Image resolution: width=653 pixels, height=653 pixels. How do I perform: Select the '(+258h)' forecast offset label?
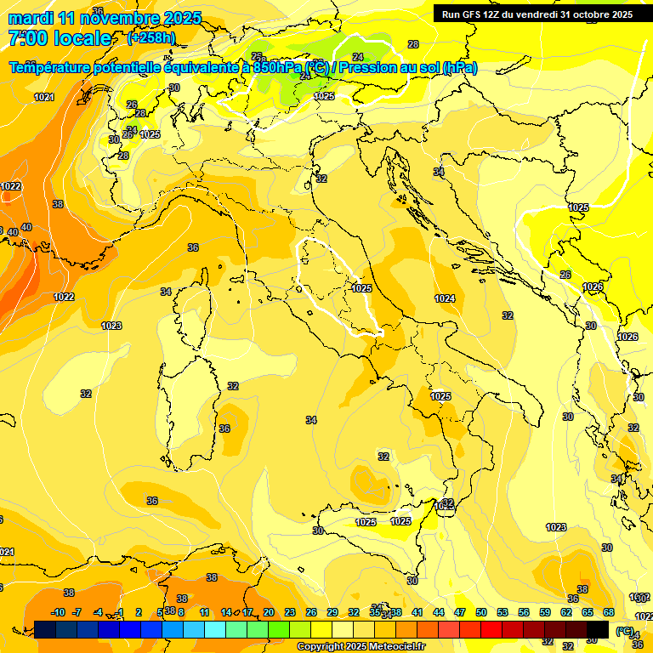pos(151,38)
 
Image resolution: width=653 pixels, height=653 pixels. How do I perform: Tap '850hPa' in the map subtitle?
pos(277,68)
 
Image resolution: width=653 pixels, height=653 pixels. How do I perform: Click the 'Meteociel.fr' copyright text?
pos(393,647)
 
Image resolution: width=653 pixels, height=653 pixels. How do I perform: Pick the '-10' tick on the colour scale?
pos(58,612)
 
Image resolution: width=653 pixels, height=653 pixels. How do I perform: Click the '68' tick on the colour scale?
pos(609,612)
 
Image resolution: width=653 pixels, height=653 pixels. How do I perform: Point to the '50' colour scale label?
pos(481,612)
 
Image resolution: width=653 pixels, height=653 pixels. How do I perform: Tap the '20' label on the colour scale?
pos(269,612)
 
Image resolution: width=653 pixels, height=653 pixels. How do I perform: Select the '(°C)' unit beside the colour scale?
pos(625,631)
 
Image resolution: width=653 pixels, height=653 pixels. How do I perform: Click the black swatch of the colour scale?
pos(598,629)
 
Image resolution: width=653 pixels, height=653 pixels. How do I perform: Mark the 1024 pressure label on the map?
pos(445,298)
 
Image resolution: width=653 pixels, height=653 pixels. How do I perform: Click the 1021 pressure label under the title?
pos(44,97)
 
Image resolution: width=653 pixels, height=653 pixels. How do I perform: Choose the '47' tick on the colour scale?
pos(460,612)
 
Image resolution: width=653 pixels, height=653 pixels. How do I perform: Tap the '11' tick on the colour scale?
pos(204,612)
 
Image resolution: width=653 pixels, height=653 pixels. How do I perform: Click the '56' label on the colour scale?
pos(524,612)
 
